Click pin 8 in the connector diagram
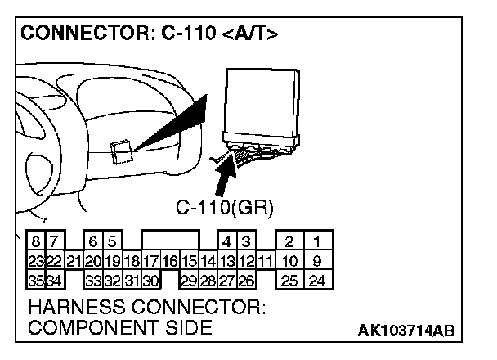pos(37,241)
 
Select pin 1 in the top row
pos(316,241)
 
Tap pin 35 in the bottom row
pos(37,281)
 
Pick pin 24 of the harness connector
pos(316,281)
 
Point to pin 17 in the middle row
pos(150,262)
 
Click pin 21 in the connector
pos(73,262)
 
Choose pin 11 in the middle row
pos(264,262)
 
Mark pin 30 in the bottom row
pos(150,281)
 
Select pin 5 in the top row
pos(111,241)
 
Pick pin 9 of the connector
pos(316,262)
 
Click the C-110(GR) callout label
pos(225,206)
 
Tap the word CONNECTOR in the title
pos(72,34)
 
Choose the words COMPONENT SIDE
pos(120,329)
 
